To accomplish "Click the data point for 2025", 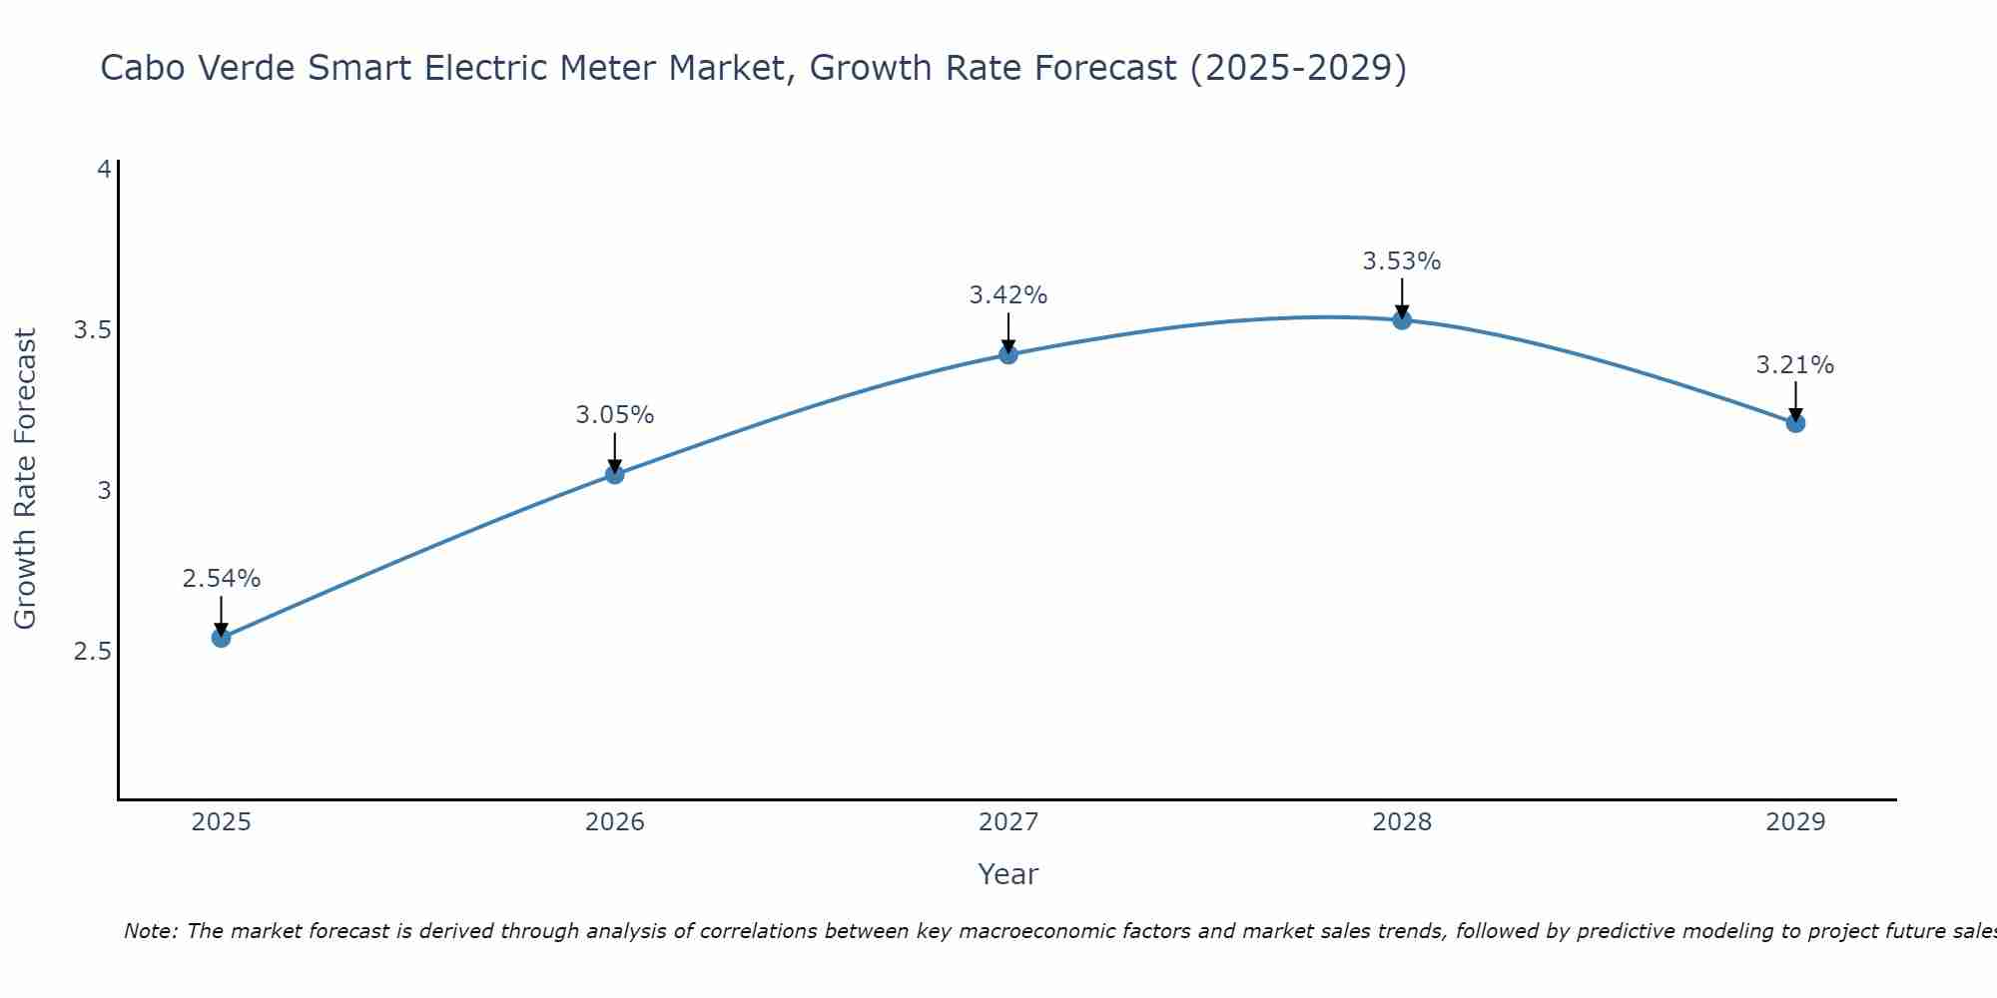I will point(222,638).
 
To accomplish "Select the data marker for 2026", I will point(615,474).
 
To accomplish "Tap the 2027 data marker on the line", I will point(1008,354).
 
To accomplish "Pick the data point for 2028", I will point(1402,319).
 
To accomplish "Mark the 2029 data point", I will point(1795,423).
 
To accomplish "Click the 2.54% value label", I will point(222,579).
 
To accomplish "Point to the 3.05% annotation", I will point(615,415).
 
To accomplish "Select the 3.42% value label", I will point(1008,295).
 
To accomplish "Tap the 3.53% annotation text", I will point(1402,261).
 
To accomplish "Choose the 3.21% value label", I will point(1795,365).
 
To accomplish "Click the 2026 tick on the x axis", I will point(615,822).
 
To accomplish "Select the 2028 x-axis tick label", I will point(1402,822).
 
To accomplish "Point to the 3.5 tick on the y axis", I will point(92,330).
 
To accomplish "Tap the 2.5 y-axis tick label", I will point(92,652).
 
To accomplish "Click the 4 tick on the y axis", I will point(104,170).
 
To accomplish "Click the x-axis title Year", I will point(1008,874).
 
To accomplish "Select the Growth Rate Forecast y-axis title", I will point(26,479).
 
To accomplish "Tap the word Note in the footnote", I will point(150,931).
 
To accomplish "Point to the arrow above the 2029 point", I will point(1795,401).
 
